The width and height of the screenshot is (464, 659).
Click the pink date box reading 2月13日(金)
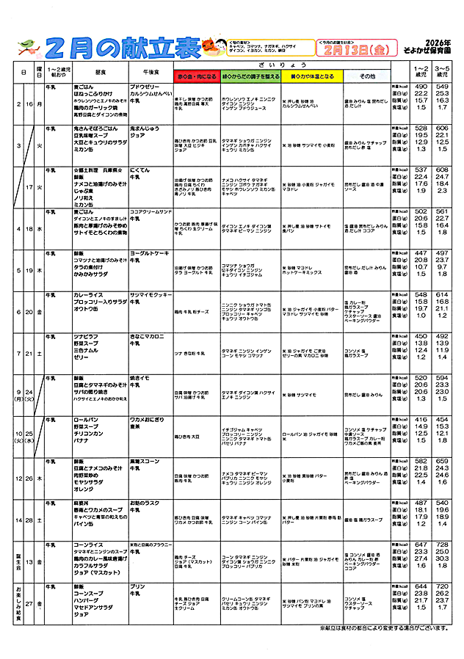(349, 51)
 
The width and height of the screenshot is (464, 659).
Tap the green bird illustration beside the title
(28, 48)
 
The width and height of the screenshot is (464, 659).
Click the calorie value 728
(442, 545)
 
